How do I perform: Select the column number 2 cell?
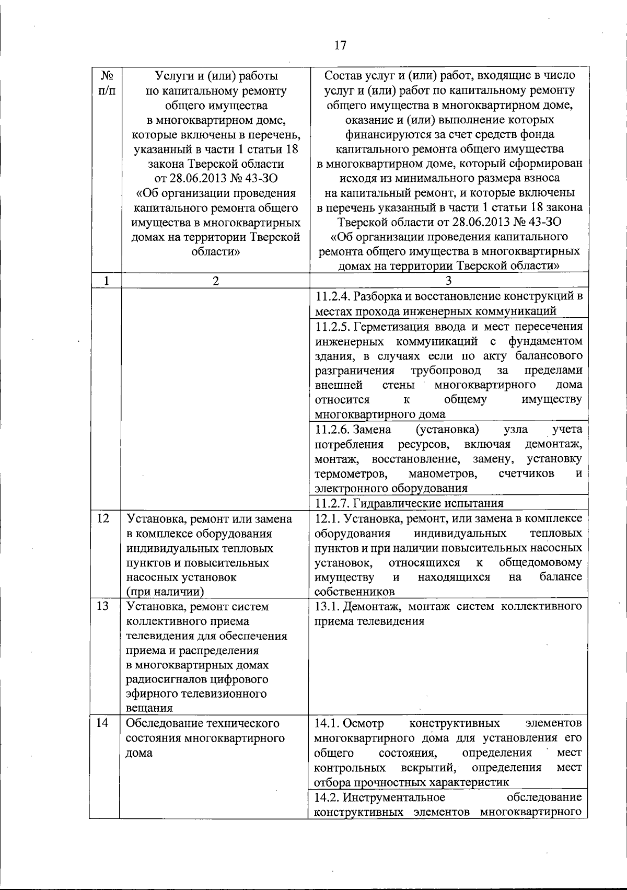click(x=216, y=281)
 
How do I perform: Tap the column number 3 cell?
click(x=448, y=281)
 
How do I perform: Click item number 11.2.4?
click(x=333, y=297)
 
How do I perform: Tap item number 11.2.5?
click(x=333, y=327)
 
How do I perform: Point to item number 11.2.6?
click(x=333, y=430)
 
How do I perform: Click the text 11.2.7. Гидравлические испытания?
click(x=410, y=503)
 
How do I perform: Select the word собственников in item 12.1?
click(x=354, y=592)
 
